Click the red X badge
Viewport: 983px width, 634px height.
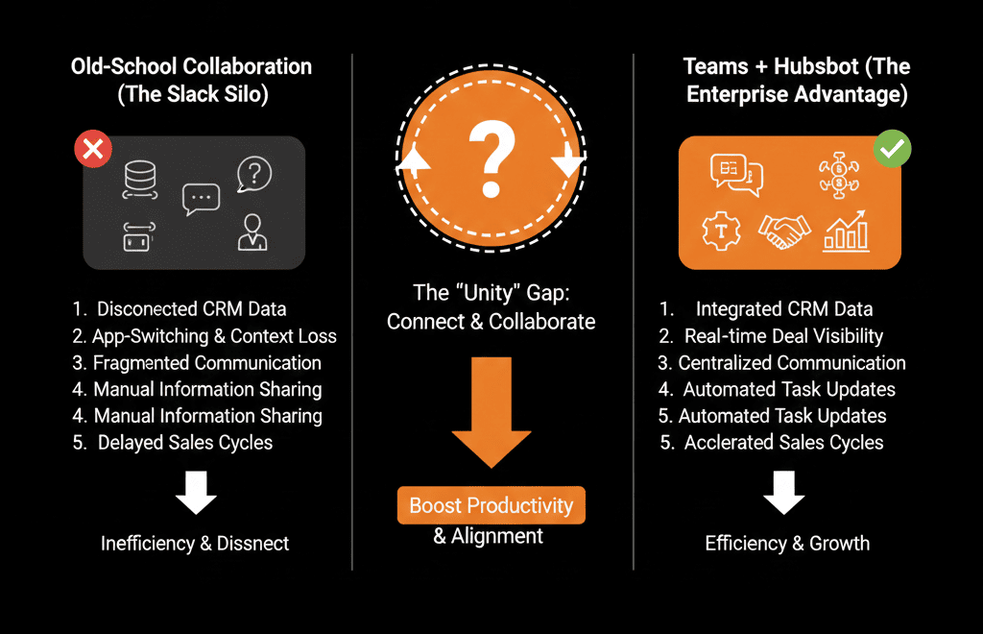click(x=93, y=149)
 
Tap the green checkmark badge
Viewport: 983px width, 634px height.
click(x=892, y=149)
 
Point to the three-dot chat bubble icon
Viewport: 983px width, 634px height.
click(x=201, y=198)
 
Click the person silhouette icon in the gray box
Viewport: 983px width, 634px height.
click(x=252, y=232)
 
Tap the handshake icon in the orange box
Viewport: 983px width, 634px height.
click(x=784, y=232)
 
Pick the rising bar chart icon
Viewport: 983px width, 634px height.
click(x=846, y=231)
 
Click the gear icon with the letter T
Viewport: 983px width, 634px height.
click(x=719, y=231)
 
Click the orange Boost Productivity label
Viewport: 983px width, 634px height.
click(x=491, y=505)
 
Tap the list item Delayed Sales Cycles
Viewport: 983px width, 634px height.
click(x=184, y=443)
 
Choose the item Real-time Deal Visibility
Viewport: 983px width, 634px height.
click(x=783, y=336)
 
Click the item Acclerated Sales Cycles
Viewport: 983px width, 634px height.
click(x=783, y=443)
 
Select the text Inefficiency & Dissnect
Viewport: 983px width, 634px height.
click(x=195, y=544)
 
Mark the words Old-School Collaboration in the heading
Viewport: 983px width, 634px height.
click(x=191, y=67)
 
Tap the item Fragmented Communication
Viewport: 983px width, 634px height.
click(x=206, y=363)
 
